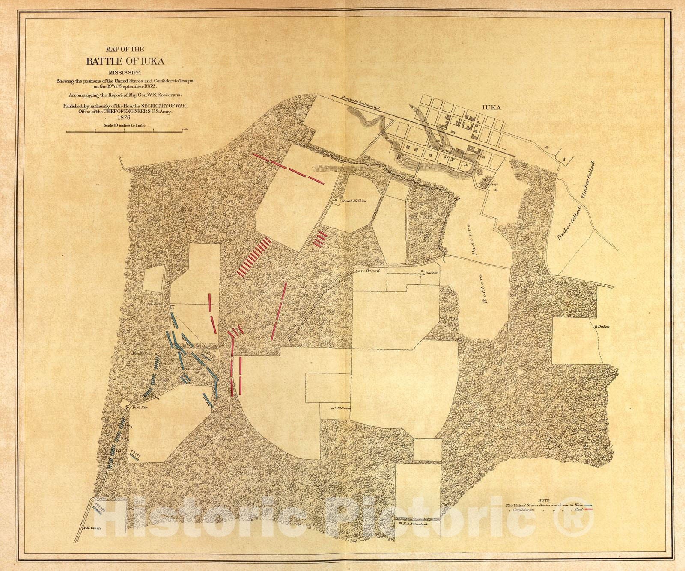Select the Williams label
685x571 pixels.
(343, 408)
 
